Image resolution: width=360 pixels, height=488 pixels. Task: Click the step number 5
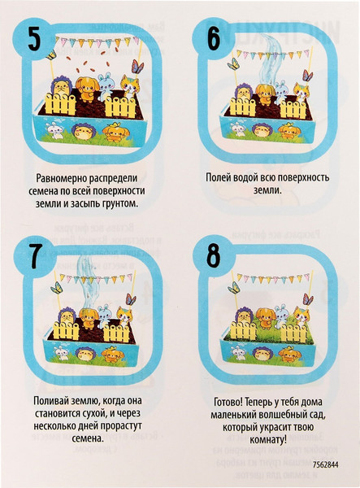(x=34, y=38)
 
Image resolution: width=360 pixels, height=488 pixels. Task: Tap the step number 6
(x=214, y=38)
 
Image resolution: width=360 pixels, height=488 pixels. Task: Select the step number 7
(x=35, y=257)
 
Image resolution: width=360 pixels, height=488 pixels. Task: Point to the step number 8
(x=214, y=256)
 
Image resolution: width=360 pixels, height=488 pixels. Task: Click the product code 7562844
(x=326, y=464)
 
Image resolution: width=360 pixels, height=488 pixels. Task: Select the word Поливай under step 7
(x=50, y=400)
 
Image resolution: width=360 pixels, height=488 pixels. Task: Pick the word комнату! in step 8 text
(x=268, y=440)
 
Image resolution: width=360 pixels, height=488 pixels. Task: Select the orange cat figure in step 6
(x=301, y=93)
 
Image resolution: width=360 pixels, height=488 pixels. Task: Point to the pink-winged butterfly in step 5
(x=137, y=67)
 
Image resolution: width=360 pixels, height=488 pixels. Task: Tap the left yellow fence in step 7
(x=66, y=330)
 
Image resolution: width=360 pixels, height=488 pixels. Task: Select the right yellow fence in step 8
(x=293, y=333)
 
